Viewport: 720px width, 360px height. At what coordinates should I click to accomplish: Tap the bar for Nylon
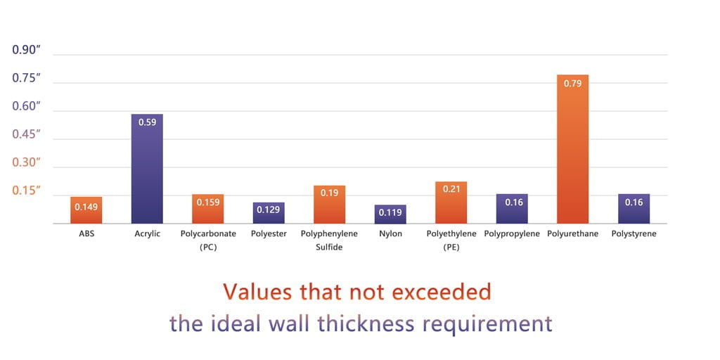click(x=390, y=214)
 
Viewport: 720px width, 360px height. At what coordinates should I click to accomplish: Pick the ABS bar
click(x=86, y=211)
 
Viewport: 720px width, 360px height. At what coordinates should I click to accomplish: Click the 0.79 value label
click(x=572, y=83)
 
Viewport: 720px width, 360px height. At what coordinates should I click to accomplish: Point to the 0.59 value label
click(x=147, y=122)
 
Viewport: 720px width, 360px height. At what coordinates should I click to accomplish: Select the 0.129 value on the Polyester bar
click(x=269, y=210)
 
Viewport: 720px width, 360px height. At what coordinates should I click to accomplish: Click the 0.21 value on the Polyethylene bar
click(x=451, y=188)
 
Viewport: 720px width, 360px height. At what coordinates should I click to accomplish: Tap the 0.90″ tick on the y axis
click(x=27, y=50)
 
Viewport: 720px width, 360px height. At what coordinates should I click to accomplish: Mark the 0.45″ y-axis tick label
click(x=27, y=134)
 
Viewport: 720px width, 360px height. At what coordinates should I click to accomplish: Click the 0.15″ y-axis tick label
click(x=27, y=191)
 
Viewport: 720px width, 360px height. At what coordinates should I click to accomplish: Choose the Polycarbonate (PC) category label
click(x=208, y=240)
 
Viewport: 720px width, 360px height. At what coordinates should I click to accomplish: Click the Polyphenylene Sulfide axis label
click(x=329, y=240)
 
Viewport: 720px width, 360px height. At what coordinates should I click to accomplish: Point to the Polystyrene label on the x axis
click(x=634, y=233)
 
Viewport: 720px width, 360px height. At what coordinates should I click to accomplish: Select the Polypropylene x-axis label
click(x=512, y=233)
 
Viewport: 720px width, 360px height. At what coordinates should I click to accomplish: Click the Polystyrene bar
click(x=634, y=210)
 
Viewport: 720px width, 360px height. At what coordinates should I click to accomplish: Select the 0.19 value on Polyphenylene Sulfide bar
click(x=329, y=193)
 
